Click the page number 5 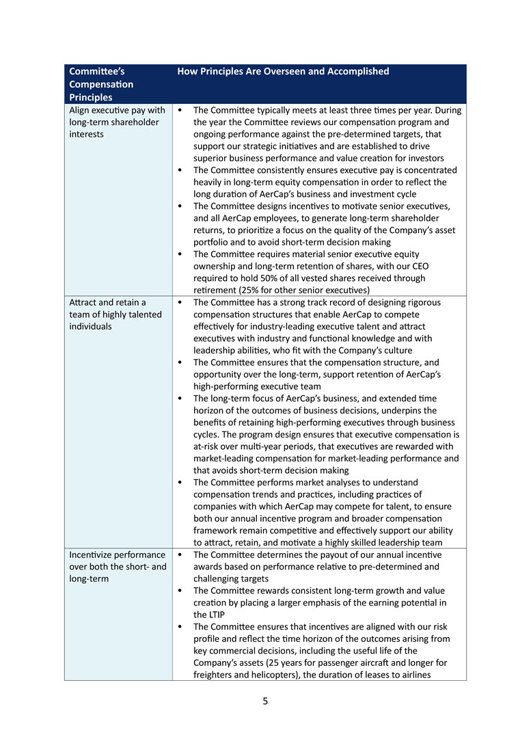(x=265, y=701)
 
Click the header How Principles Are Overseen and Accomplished (x=283, y=71)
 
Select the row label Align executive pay (x=117, y=110)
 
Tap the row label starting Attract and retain (x=107, y=302)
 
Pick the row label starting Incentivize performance (x=117, y=554)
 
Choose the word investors (x=425, y=158)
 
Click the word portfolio (x=212, y=242)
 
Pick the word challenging (x=220, y=578)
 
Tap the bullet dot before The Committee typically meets (x=179, y=110)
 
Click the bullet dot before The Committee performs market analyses (x=179, y=483)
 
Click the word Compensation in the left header (x=101, y=84)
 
